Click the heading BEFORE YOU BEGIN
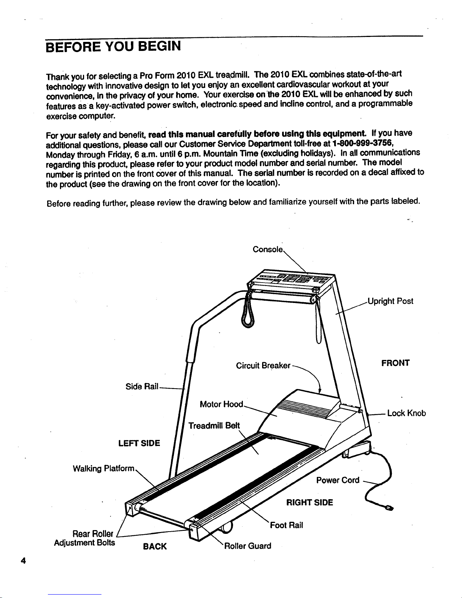pyautogui.click(x=113, y=47)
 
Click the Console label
pyautogui.click(x=267, y=250)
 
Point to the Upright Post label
pyautogui.click(x=390, y=301)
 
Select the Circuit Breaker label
pyautogui.click(x=263, y=366)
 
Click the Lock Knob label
pyautogui.click(x=406, y=413)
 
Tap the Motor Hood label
pyautogui.click(x=221, y=404)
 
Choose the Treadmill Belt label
pyautogui.click(x=214, y=426)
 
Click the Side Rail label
pyautogui.click(x=141, y=387)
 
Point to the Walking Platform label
pyautogui.click(x=103, y=469)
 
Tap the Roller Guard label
pyautogui.click(x=248, y=546)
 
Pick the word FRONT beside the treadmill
pyautogui.click(x=395, y=363)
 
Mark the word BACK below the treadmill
pyautogui.click(x=155, y=547)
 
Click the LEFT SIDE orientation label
pyautogui.click(x=139, y=443)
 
